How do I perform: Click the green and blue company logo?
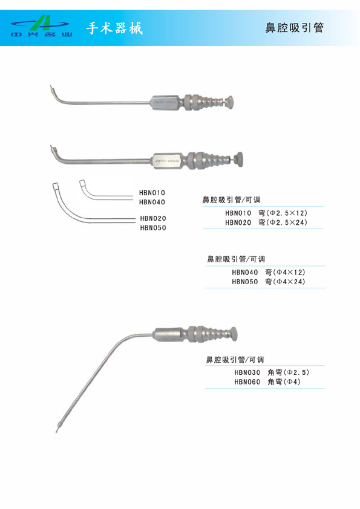(x=41, y=26)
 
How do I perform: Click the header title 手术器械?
(x=114, y=28)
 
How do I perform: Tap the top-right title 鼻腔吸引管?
(x=295, y=28)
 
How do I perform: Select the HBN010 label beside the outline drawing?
(x=152, y=193)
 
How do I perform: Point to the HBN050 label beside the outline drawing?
(x=153, y=228)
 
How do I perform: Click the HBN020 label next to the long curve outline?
(x=153, y=218)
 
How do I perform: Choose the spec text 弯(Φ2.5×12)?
(x=283, y=213)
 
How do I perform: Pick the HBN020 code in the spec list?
(x=238, y=222)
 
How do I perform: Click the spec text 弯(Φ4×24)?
(x=285, y=282)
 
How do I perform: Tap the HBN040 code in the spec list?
(x=245, y=273)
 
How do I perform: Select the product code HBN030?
(x=247, y=372)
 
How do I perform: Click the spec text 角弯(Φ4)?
(x=284, y=382)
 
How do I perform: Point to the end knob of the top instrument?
(x=229, y=102)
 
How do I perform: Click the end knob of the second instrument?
(x=240, y=159)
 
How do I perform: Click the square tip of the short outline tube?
(x=82, y=183)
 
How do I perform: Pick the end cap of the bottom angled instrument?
(x=234, y=334)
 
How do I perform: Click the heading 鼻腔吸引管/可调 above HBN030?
(x=235, y=360)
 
